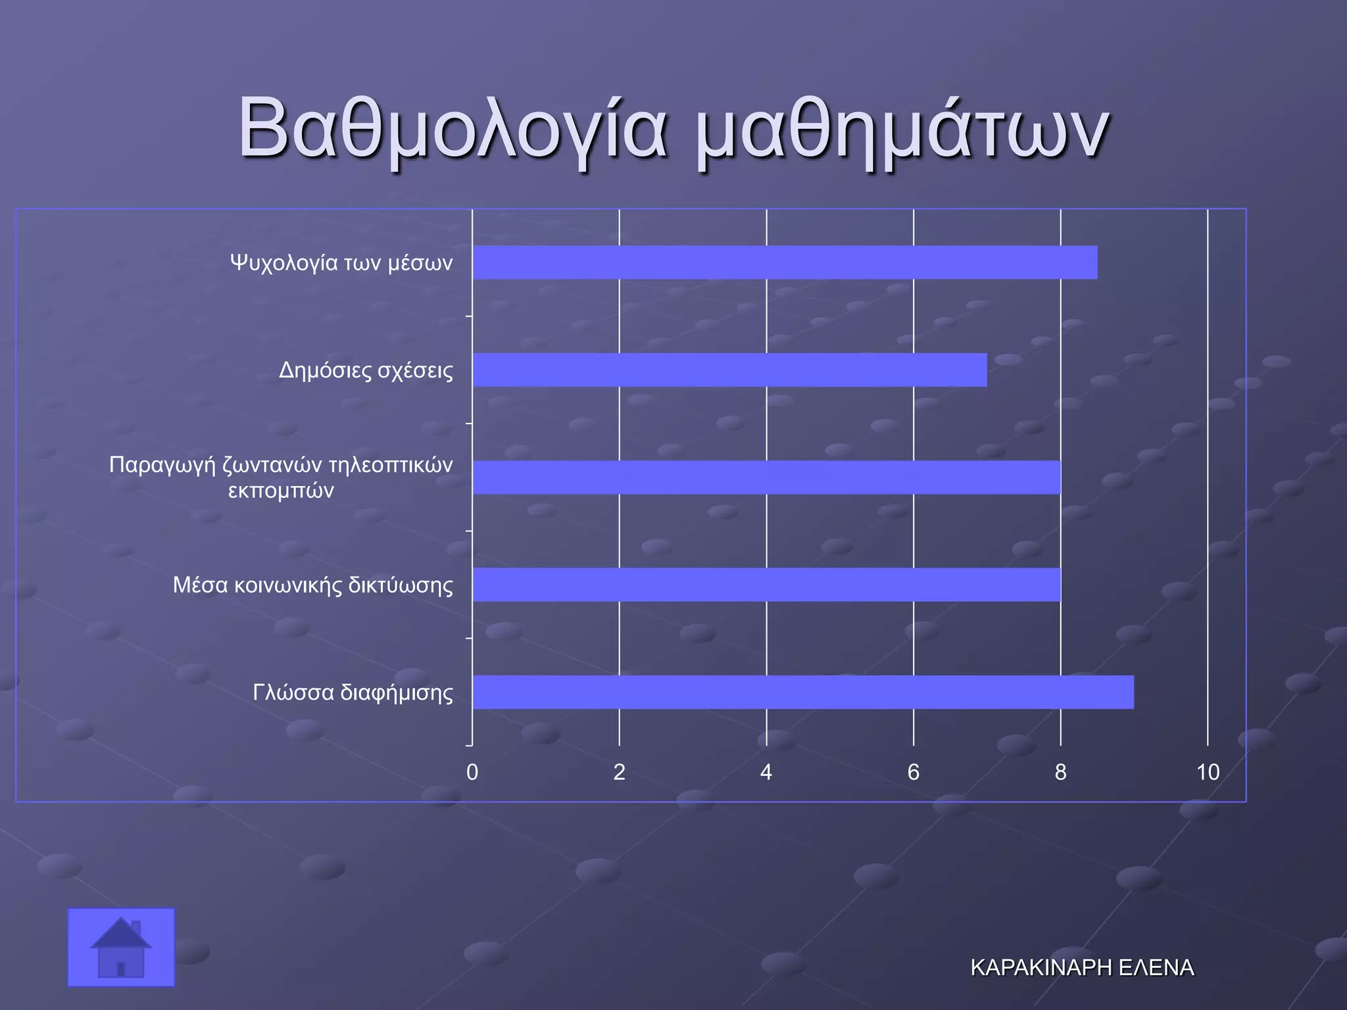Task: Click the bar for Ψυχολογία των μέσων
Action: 785,262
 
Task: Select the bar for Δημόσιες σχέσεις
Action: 729,370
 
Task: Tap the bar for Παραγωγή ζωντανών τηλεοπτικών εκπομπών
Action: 766,477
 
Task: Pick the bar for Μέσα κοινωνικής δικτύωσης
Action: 766,585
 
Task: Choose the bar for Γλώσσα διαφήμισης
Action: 803,692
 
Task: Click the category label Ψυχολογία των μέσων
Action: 341,263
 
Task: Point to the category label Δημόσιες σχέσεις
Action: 366,370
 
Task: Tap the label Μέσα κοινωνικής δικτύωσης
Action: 312,585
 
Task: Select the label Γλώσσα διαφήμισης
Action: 353,692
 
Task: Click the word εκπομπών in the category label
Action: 281,491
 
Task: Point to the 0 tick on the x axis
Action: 472,772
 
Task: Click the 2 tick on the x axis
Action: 619,772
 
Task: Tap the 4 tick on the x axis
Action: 766,772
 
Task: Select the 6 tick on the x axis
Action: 914,772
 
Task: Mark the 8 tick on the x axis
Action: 1060,772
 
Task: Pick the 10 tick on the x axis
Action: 1208,772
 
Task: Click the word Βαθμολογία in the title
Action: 453,128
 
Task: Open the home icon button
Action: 121,948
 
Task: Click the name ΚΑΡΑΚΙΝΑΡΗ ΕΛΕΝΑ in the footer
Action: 1082,968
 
